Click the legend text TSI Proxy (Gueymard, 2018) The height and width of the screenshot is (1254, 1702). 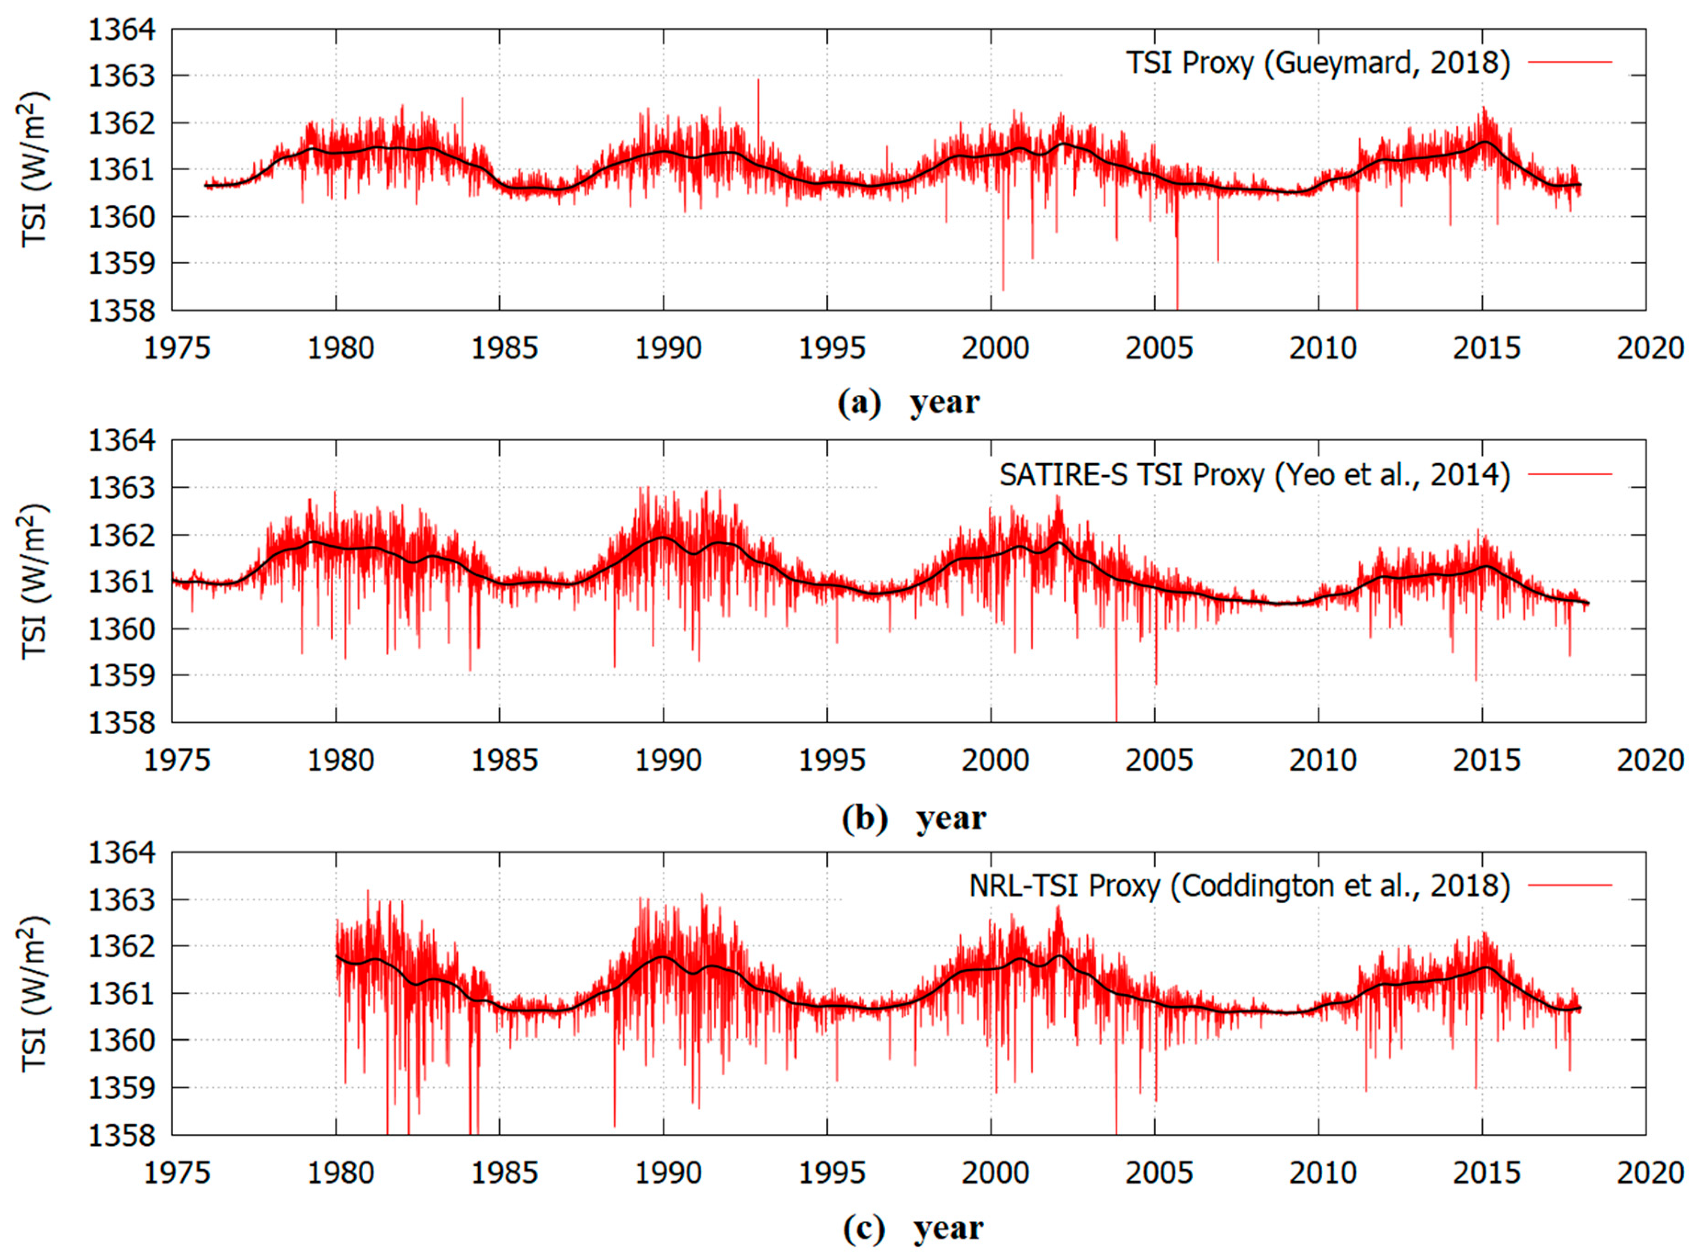point(1317,63)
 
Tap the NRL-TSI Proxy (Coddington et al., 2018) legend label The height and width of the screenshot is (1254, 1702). point(1239,886)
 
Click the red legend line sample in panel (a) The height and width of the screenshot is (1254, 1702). point(1569,62)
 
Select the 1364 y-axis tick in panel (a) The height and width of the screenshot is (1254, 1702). point(121,30)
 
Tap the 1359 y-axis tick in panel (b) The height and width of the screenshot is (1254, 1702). point(121,675)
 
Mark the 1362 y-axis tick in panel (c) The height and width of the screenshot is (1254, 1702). point(121,946)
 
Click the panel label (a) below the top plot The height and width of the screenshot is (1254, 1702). point(859,402)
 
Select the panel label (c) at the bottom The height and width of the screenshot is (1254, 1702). point(863,1228)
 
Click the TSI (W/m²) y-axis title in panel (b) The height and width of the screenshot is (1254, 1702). point(34,581)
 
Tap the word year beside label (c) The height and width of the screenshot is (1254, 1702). point(948,1228)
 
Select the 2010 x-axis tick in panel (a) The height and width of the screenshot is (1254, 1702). point(1322,349)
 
